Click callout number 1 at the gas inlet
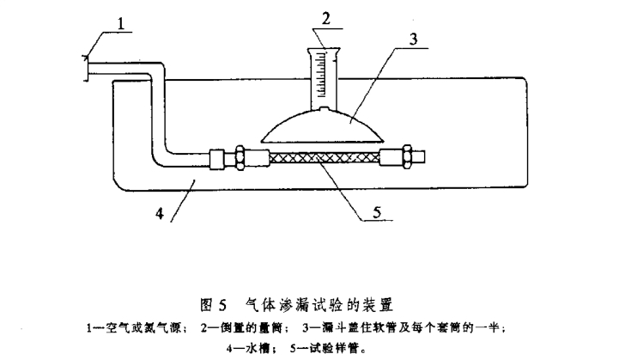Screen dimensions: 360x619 tap(124, 23)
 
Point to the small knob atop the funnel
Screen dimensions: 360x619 tap(324, 110)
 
